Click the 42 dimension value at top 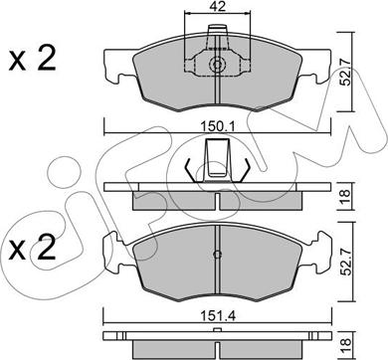[217, 7]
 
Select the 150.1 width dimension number [218, 126]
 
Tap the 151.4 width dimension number [218, 316]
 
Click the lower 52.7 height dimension [346, 263]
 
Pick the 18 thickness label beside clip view [345, 198]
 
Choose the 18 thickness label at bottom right [345, 346]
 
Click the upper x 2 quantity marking [32, 59]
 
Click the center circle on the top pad [217, 65]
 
